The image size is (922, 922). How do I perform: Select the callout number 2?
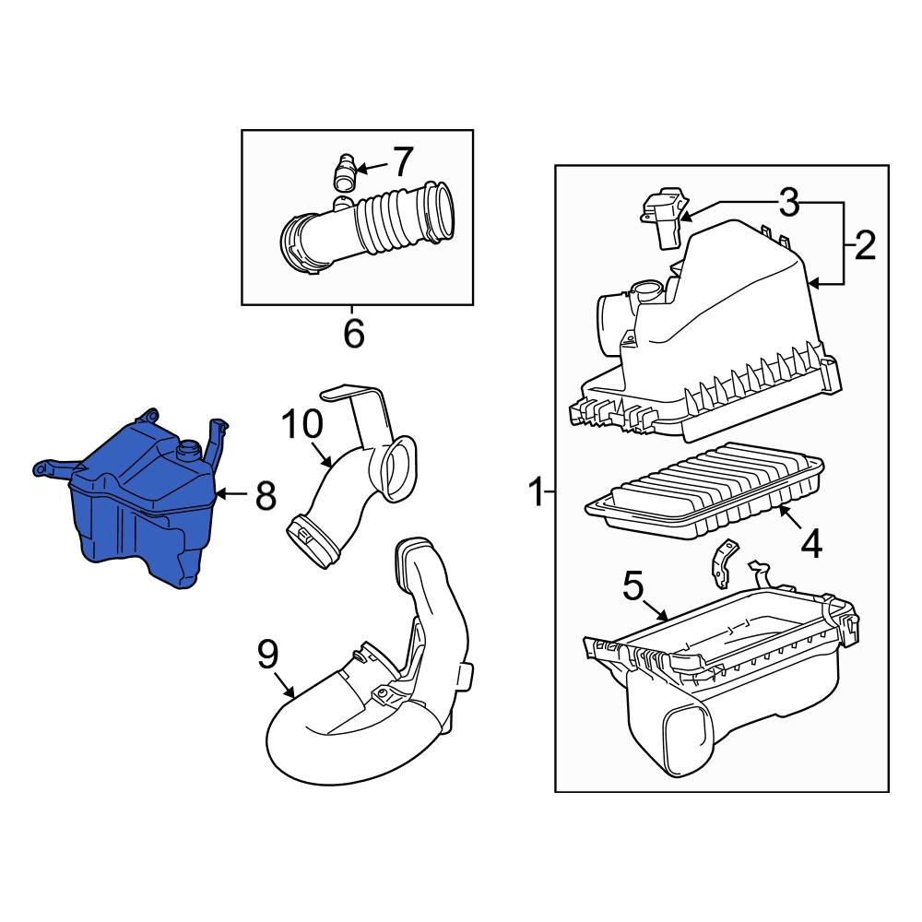tap(864, 246)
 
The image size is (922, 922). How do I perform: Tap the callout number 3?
tap(788, 202)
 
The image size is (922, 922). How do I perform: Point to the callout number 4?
tap(810, 544)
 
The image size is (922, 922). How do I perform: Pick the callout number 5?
tap(632, 586)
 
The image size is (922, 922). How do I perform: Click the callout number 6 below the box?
tap(354, 333)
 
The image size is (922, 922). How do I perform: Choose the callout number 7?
tap(402, 162)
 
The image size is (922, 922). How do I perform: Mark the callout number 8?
tap(266, 496)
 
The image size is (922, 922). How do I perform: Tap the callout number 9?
tap(266, 656)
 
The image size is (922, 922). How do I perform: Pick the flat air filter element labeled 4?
tap(705, 489)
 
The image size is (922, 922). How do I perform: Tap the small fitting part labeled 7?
tap(344, 171)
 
